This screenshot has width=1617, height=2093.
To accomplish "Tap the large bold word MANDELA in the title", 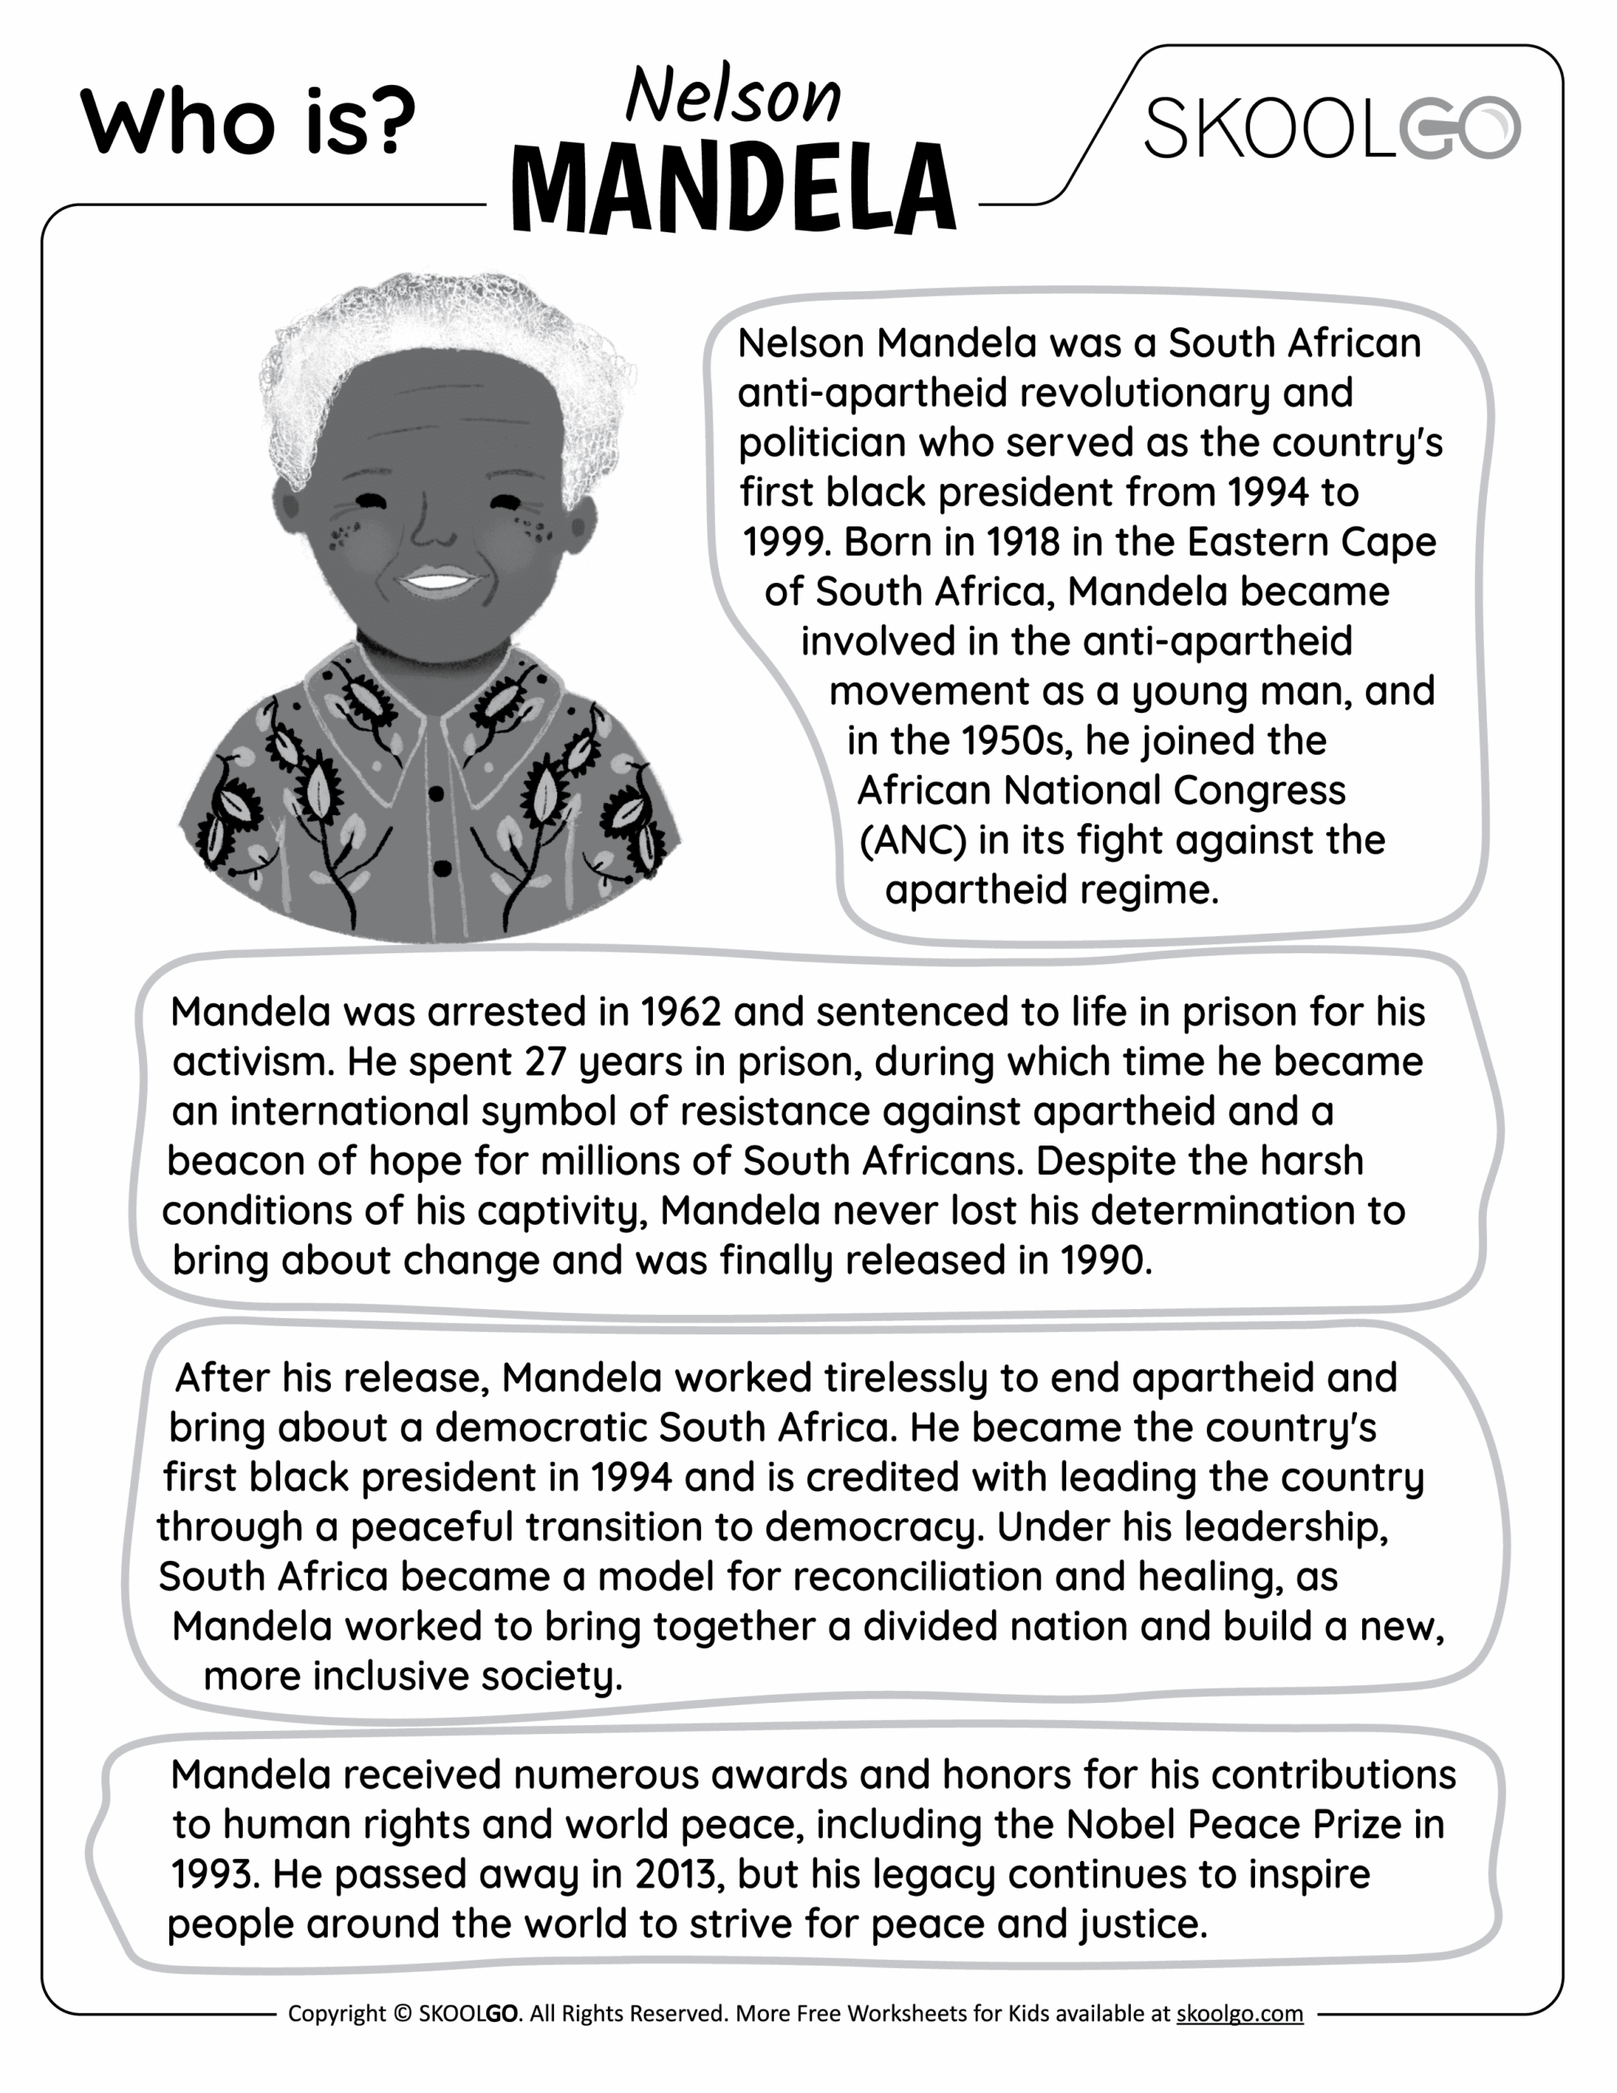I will [734, 188].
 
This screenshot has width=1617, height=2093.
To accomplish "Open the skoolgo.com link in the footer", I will [1239, 2014].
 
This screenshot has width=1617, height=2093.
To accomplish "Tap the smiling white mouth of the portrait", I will [437, 580].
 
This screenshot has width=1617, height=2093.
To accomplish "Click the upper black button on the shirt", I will [436, 794].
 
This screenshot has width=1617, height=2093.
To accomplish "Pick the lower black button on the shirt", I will [441, 868].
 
